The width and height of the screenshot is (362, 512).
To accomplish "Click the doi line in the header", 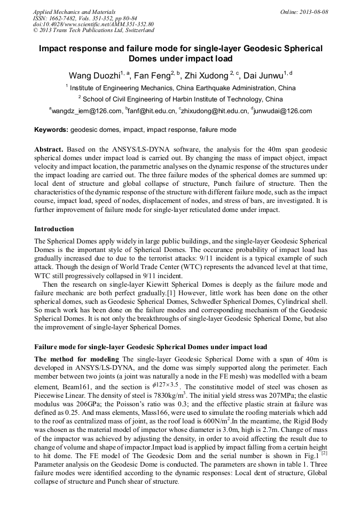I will [93, 25].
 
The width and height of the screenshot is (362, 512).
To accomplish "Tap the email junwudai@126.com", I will [285, 111].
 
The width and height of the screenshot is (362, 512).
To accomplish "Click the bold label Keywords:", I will [51, 130].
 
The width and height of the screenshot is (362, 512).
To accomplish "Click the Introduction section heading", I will [54, 229].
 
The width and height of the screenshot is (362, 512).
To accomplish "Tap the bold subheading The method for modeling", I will [77, 359].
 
